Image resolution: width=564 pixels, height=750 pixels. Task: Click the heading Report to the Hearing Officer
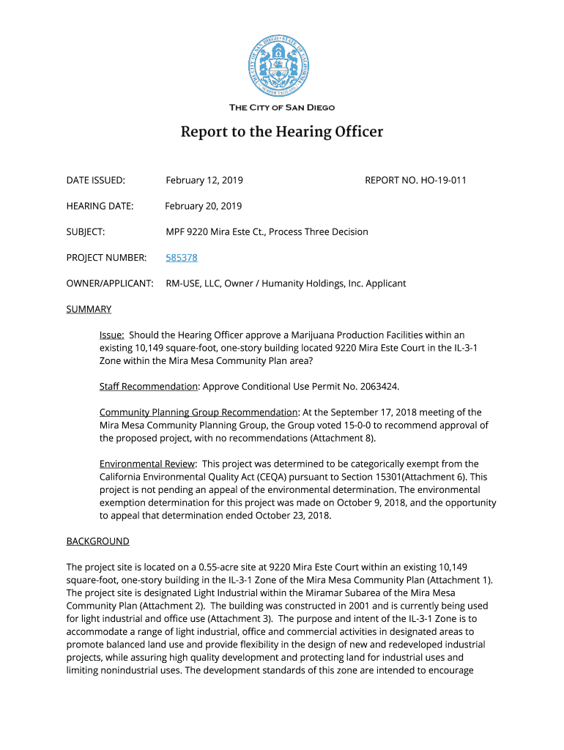point(282,133)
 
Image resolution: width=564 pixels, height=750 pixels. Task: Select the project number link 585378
point(182,258)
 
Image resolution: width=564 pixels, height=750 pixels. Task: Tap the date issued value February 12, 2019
point(204,180)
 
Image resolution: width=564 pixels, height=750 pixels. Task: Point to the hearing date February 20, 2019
point(203,206)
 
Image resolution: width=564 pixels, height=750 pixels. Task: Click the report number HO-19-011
point(442,180)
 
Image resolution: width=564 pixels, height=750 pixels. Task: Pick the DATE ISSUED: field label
point(96,180)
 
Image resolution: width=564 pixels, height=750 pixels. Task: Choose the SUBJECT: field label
point(86,232)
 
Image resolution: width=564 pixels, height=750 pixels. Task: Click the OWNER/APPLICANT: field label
point(110,283)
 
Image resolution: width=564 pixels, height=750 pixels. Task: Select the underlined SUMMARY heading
point(89,309)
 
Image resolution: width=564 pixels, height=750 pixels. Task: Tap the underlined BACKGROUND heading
point(97,541)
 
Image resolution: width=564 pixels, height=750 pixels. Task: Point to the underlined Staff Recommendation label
point(149,387)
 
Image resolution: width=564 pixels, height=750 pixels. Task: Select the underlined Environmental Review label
point(147,464)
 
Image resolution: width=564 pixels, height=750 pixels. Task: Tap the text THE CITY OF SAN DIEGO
point(282,108)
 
